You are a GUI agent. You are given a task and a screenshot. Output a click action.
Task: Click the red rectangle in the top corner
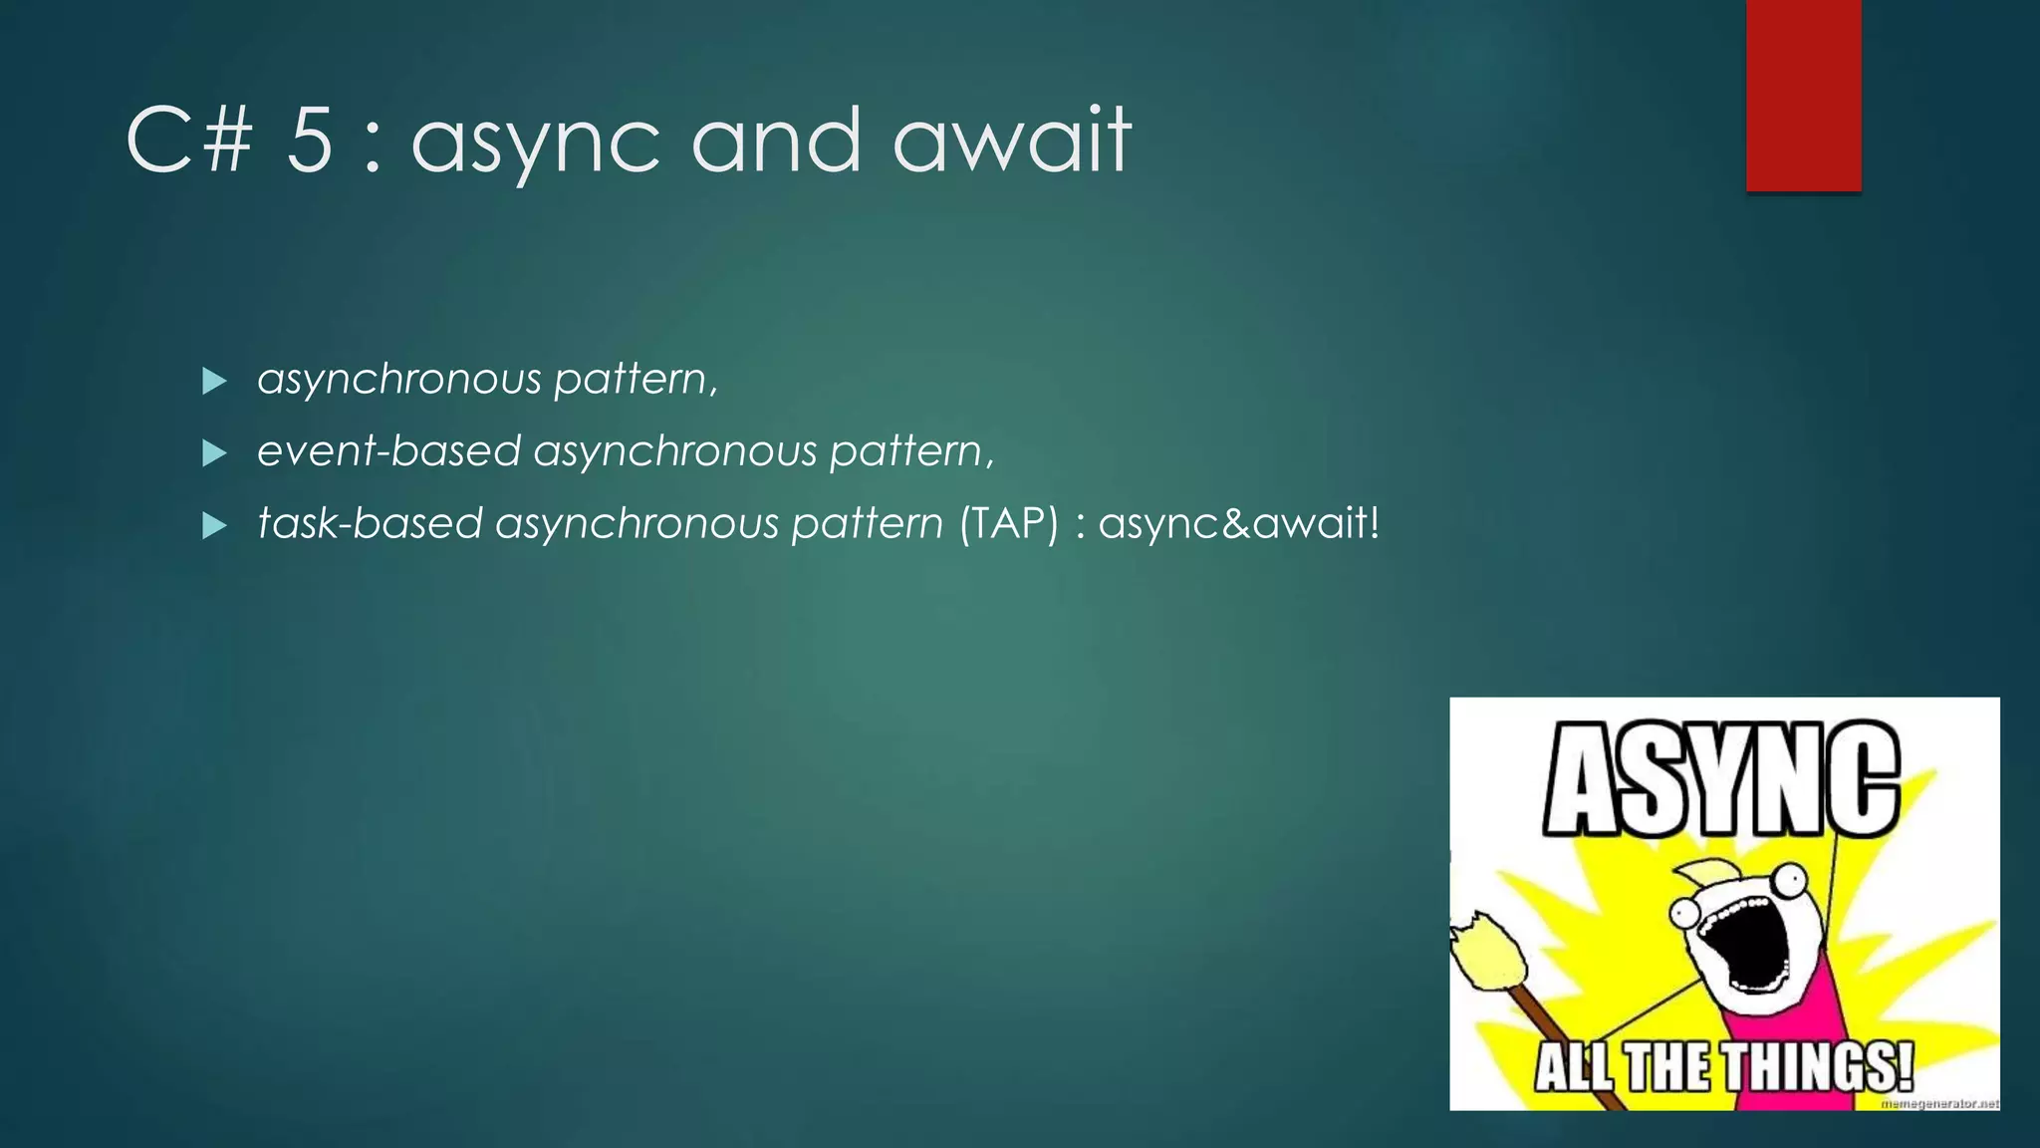coord(1803,95)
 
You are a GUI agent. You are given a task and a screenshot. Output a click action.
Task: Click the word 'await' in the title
coord(1011,142)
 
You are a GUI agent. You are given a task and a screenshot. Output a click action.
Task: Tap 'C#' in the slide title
coord(189,142)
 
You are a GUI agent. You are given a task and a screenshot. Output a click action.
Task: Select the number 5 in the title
coord(309,142)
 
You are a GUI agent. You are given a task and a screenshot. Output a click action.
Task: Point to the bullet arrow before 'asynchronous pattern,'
coord(214,381)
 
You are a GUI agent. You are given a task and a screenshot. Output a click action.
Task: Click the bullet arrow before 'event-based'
coord(214,453)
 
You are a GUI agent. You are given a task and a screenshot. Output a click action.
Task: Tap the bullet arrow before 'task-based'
coord(214,525)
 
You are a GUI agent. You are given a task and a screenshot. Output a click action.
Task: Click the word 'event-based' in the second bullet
coord(388,451)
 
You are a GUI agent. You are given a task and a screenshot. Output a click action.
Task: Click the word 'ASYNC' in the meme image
coord(1721,779)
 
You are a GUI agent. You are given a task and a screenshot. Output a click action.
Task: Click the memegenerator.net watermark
coord(1938,1103)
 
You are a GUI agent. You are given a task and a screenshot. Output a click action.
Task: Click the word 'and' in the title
coord(775,142)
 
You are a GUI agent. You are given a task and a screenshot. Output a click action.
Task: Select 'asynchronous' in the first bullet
coord(399,380)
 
